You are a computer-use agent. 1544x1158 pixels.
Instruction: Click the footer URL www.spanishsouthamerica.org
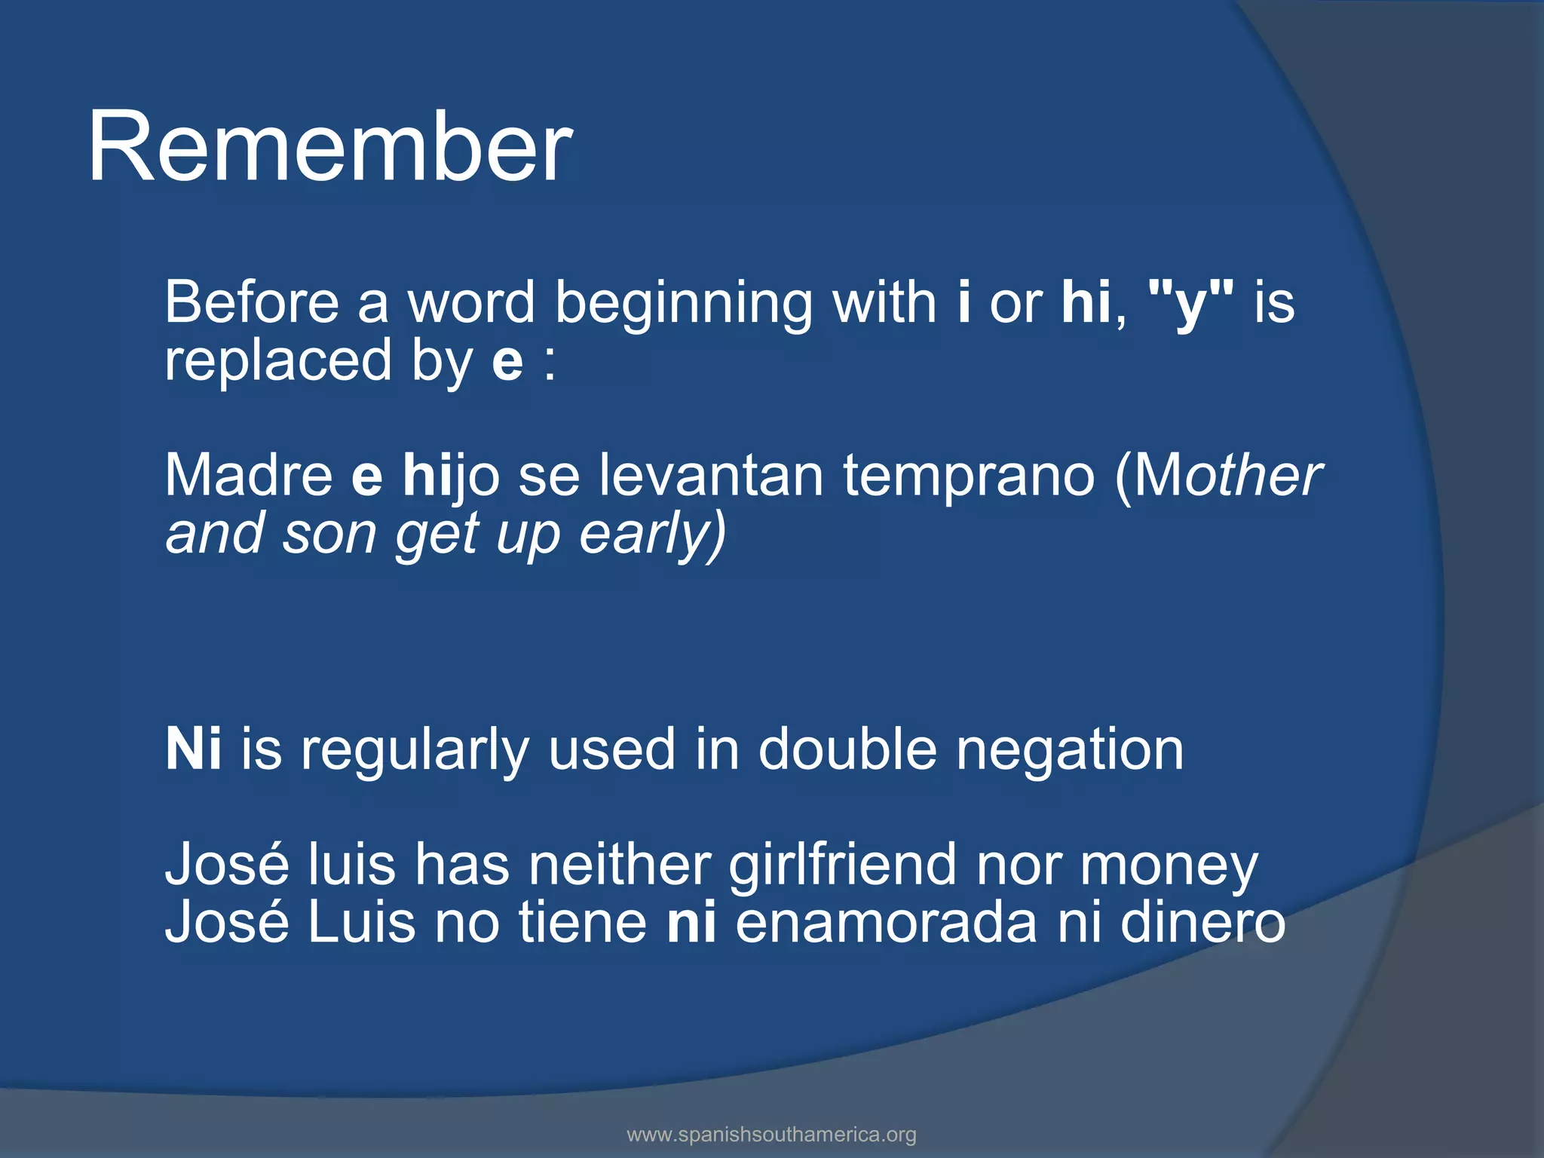771,1134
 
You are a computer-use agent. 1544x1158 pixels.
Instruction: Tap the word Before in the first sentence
252,302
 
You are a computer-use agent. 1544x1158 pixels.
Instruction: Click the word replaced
278,361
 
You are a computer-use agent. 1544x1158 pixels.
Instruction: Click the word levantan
711,476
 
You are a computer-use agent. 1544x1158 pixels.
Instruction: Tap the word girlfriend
842,865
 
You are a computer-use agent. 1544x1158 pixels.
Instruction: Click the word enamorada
886,923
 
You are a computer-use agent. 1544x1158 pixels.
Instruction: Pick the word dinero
1202,923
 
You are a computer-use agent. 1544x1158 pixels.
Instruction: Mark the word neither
619,865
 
